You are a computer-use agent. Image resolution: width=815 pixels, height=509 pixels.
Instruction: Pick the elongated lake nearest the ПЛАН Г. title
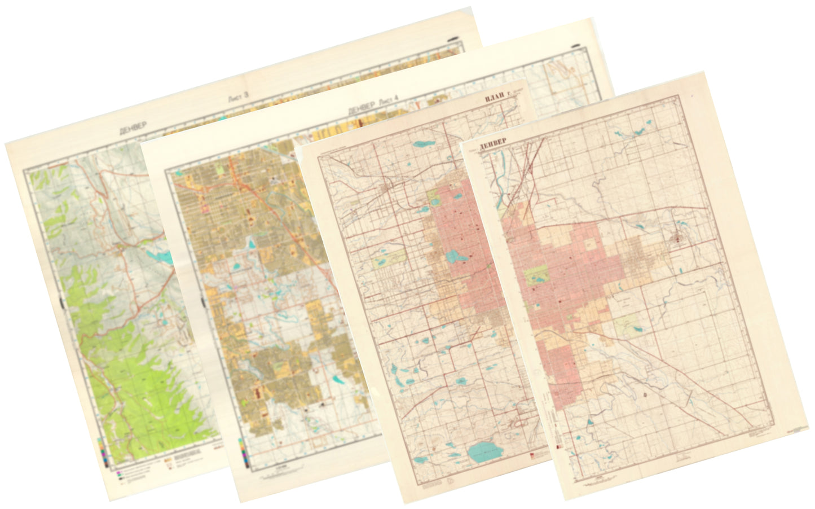[424, 143]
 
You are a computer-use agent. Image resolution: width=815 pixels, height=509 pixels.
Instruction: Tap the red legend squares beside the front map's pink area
[558, 446]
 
